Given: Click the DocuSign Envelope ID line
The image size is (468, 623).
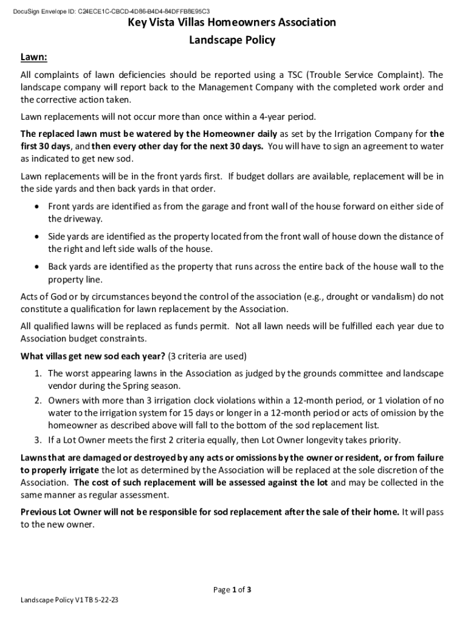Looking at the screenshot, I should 115,11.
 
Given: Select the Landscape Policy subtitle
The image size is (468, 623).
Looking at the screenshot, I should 232,40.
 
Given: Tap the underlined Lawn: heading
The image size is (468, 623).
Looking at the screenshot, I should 34,57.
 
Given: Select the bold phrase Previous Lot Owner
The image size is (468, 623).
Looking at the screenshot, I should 63,512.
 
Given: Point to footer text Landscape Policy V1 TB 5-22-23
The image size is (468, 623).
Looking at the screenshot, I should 69,600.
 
